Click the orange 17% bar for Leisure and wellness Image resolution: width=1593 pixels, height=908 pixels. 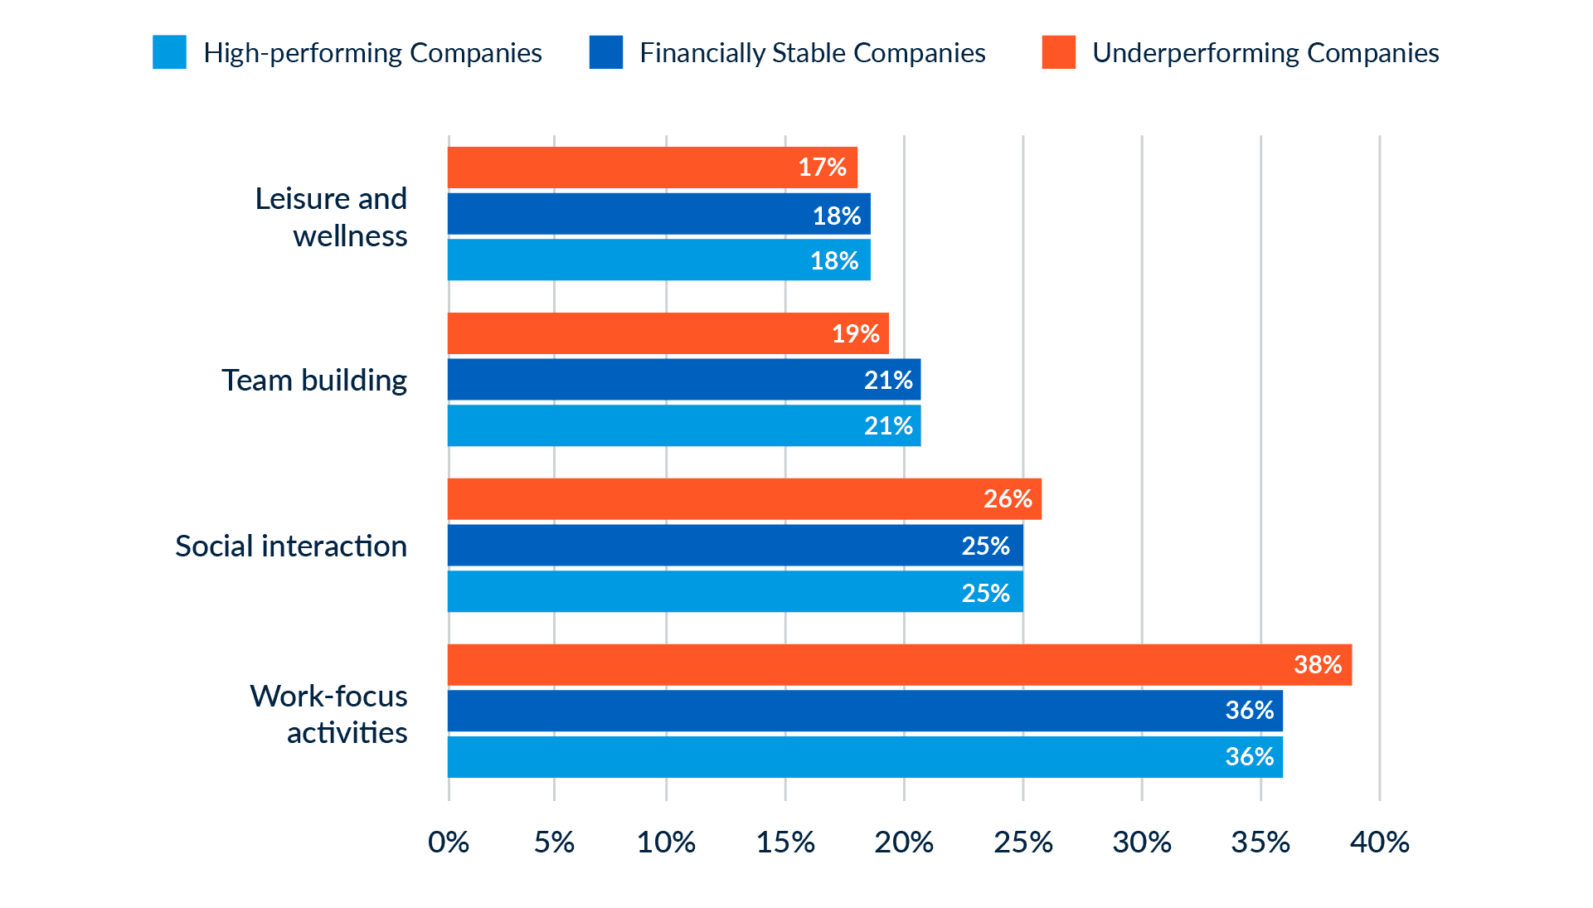[653, 168]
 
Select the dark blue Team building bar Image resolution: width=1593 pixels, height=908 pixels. [684, 380]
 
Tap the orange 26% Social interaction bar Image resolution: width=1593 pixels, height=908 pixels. [745, 498]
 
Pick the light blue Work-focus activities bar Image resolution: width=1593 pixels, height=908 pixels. [865, 756]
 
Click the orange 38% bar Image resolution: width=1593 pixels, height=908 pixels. [900, 664]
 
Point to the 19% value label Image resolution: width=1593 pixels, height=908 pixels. [855, 334]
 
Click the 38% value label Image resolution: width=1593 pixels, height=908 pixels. [1317, 664]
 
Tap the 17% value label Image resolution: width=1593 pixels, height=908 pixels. [822, 168]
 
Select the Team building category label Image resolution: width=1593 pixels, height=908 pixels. [314, 381]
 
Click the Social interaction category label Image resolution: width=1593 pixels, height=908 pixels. [291, 546]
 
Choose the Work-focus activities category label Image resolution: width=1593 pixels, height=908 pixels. [329, 714]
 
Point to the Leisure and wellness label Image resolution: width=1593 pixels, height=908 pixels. [332, 217]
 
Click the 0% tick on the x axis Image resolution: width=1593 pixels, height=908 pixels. [449, 842]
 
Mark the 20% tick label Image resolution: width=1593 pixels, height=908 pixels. [904, 842]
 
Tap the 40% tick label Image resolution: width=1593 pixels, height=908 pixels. [1379, 842]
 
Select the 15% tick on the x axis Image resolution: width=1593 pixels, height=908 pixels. [785, 842]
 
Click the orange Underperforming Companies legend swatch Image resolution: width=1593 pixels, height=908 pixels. [1058, 52]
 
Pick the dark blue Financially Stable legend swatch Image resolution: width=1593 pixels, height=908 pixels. [605, 52]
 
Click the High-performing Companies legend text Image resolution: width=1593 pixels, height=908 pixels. [372, 53]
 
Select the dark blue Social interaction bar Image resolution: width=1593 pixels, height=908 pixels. [736, 546]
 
